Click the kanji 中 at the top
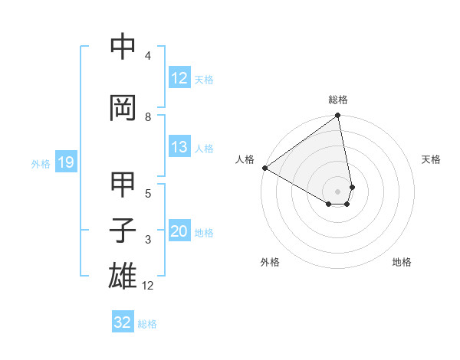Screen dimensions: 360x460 (123, 47)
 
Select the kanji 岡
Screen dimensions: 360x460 (123, 108)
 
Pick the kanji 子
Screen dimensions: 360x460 (123, 231)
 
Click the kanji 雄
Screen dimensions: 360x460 (123, 276)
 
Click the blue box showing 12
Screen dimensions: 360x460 (179, 78)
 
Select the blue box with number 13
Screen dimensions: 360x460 (179, 147)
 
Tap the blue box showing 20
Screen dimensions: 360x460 (179, 231)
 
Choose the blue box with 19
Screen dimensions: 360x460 (65, 162)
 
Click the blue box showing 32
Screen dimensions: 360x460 (123, 322)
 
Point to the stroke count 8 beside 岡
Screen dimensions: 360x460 (148, 116)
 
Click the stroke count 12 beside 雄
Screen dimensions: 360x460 (148, 286)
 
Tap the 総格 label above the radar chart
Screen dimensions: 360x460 (338, 100)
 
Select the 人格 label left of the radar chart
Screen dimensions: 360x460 (245, 159)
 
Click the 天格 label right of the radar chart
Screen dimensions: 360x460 (432, 159)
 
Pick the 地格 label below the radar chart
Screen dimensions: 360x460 (402, 263)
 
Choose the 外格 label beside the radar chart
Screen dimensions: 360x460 (270, 263)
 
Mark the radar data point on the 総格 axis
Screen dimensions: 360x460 (338, 116)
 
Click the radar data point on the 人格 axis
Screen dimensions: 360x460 (264, 168)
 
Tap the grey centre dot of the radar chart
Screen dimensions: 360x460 (338, 191)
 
